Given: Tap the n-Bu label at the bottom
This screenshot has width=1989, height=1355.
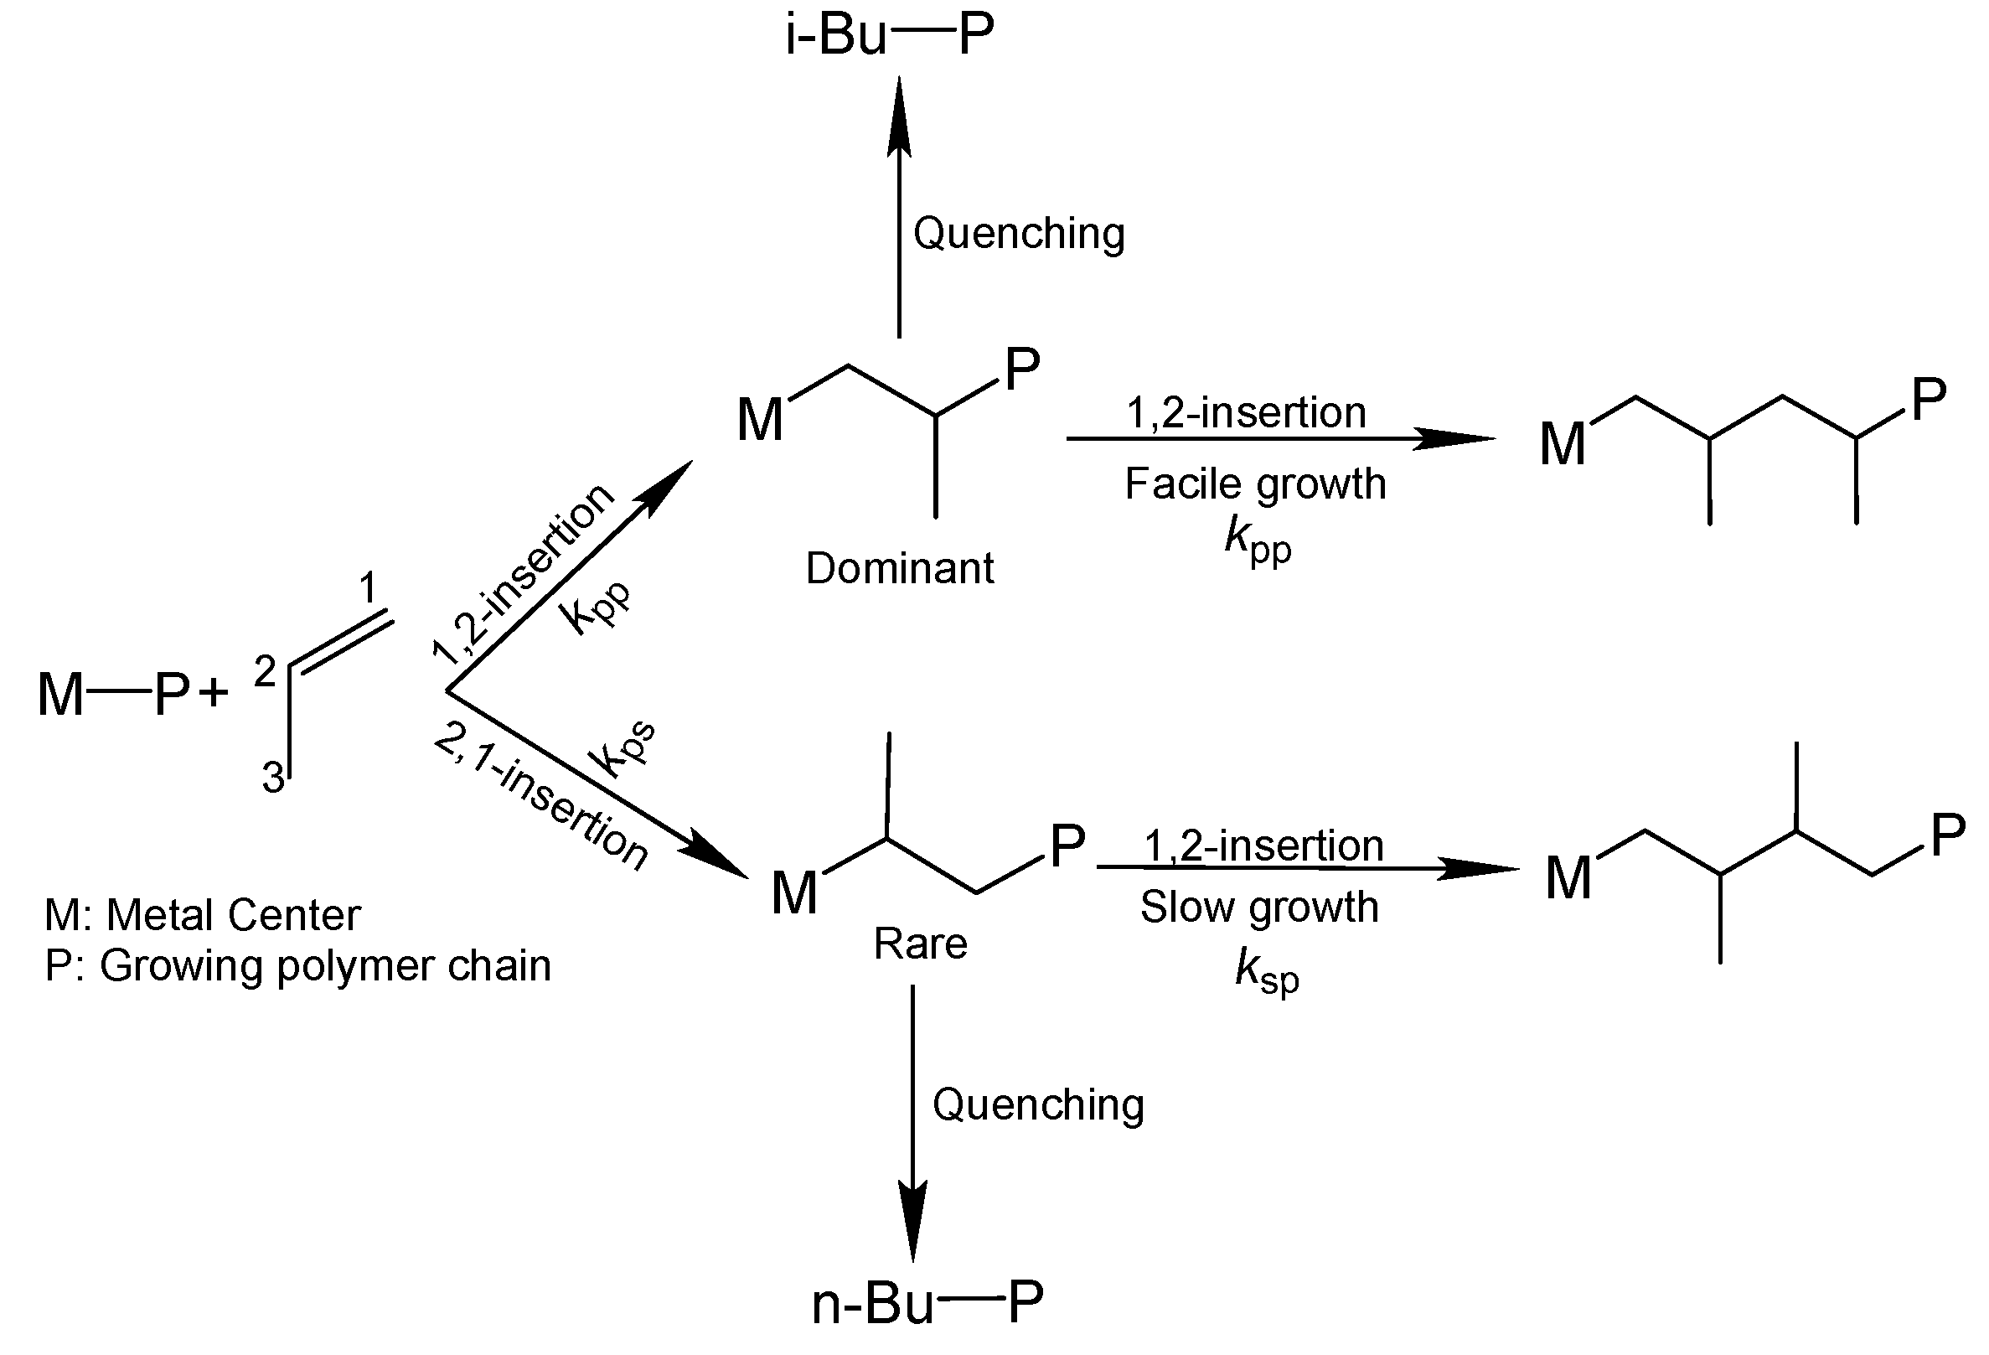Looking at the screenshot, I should tap(872, 1305).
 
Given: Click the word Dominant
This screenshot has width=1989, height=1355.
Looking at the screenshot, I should tap(900, 568).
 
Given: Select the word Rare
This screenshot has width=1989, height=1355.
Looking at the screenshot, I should tap(920, 944).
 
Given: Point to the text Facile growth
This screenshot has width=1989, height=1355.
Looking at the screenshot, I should tap(1255, 484).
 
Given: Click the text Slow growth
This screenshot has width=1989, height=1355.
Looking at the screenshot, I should tap(1259, 908).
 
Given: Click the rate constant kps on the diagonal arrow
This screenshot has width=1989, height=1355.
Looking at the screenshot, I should tap(623, 749).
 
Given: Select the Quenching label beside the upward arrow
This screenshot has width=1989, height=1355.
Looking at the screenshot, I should tap(1019, 234).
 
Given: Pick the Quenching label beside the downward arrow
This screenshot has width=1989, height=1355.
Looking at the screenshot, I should tap(1037, 1105).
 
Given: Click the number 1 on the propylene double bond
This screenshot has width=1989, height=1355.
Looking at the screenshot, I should tap(367, 588).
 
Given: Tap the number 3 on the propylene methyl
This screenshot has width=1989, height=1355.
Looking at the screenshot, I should tap(273, 778).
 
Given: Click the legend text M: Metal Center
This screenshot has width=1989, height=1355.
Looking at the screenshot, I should tap(202, 915).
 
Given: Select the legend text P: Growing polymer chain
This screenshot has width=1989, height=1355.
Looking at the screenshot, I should tap(297, 966).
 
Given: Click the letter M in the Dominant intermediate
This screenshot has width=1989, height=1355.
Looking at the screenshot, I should tap(760, 421).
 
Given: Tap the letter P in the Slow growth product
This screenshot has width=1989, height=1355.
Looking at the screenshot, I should tap(1948, 835).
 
